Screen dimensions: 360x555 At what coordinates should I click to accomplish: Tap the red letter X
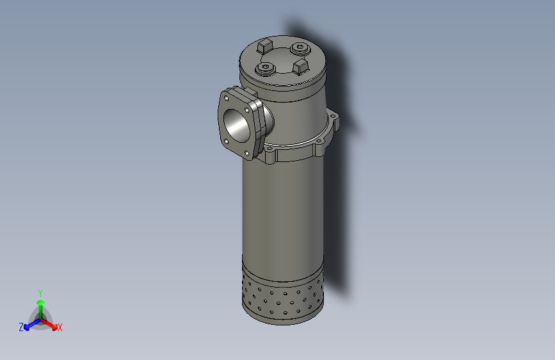[60, 328]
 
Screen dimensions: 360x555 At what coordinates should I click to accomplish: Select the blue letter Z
[21, 327]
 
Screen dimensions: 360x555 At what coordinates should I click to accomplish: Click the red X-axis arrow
[51, 323]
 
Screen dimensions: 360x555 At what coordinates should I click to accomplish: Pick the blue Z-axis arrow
[29, 324]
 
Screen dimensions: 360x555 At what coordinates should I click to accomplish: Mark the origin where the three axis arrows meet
[40, 318]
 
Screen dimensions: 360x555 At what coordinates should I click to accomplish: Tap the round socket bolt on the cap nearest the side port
[265, 68]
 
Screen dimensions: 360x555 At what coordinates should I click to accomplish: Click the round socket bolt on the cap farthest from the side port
[299, 48]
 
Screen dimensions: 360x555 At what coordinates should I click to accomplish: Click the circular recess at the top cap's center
[282, 56]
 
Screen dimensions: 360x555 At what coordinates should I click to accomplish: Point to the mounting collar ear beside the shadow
[334, 119]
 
